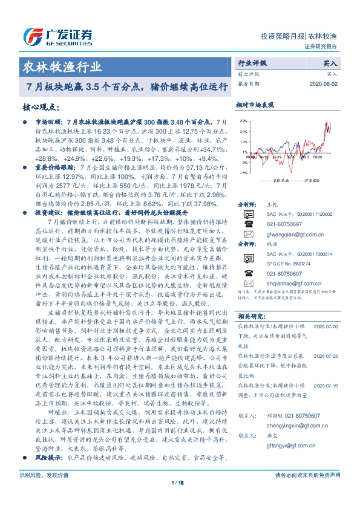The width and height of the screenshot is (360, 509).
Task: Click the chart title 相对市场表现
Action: tap(256, 104)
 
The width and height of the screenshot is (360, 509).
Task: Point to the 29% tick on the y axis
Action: tap(243, 122)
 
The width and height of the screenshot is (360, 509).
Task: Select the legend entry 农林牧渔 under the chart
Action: tap(280, 180)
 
